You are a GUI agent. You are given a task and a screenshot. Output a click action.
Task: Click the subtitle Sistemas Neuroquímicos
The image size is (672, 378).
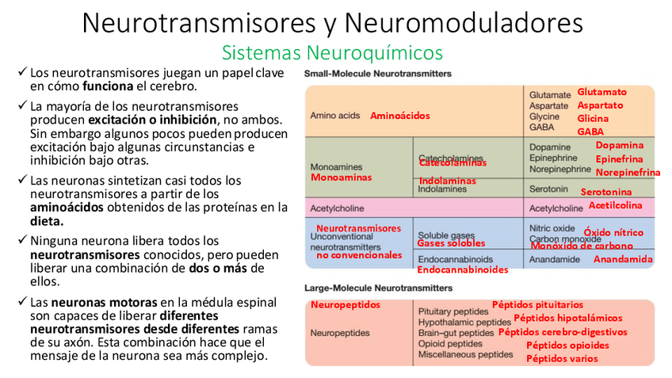pyautogui.click(x=332, y=53)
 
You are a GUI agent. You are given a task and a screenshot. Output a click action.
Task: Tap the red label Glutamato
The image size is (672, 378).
pyautogui.click(x=601, y=92)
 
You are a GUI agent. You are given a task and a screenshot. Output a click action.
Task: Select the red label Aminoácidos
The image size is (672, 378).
pyautogui.click(x=399, y=116)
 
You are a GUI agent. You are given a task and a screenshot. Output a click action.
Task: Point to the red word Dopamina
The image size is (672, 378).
pyautogui.click(x=619, y=145)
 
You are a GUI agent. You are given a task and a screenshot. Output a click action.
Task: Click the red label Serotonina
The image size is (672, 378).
pyautogui.click(x=606, y=192)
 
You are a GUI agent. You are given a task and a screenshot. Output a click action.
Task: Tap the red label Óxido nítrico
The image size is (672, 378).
pyautogui.click(x=613, y=232)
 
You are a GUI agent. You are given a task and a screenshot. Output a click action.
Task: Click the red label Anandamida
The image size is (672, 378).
pyautogui.click(x=623, y=259)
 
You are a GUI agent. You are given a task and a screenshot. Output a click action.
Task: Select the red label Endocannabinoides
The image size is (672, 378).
pyautogui.click(x=462, y=269)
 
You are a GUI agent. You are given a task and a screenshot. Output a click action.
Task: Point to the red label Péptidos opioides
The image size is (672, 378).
pyautogui.click(x=567, y=345)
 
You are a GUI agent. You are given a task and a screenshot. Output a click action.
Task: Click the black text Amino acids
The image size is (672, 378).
pyautogui.click(x=334, y=116)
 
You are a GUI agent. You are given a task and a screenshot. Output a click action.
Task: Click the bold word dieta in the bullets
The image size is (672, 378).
pyautogui.click(x=47, y=222)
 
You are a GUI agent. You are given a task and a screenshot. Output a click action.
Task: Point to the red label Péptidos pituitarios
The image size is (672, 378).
pyautogui.click(x=537, y=304)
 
